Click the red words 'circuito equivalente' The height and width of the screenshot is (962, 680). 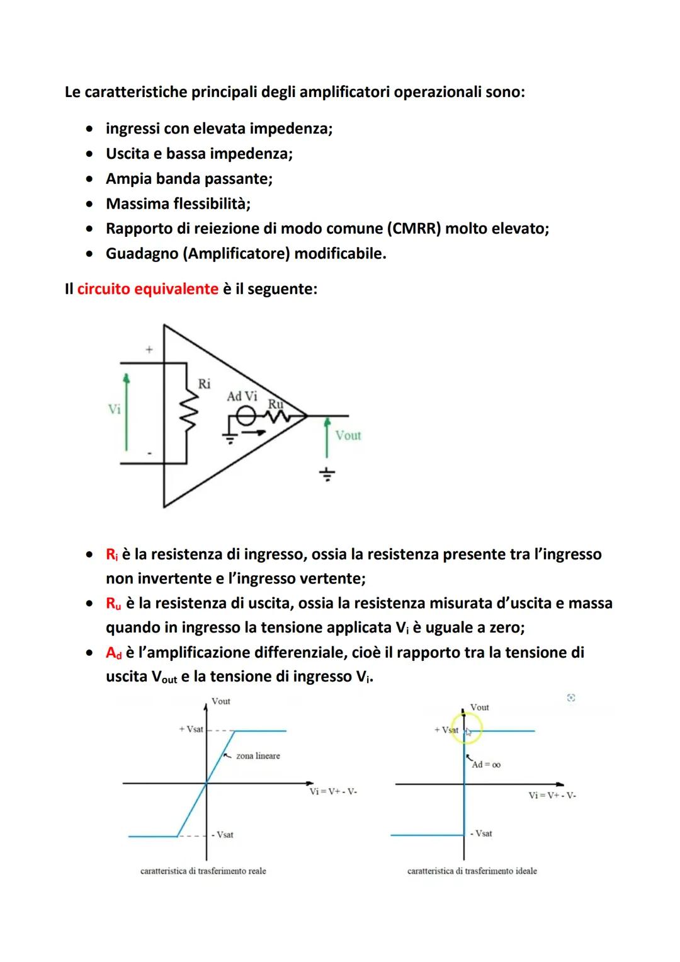pos(147,289)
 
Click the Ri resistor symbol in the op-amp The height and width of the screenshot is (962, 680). pos(187,413)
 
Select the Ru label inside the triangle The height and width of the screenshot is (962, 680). pos(275,403)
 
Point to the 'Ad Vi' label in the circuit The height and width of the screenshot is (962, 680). pos(242,396)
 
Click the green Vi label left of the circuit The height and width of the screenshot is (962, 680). pos(114,409)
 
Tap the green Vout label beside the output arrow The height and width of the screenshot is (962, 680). pos(348,435)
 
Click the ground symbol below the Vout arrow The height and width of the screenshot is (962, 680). pos(326,474)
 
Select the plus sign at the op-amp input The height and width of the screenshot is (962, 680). pos(149,349)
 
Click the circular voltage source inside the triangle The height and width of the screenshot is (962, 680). pos(246,416)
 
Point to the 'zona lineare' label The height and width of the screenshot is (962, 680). pos(258,756)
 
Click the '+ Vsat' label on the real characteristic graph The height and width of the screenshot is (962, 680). pos(191,729)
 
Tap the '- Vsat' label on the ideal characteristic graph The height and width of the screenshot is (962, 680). pos(481,833)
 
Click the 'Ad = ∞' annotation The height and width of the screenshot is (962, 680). pos(486,764)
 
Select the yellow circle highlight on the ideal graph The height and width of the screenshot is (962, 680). pos(466,731)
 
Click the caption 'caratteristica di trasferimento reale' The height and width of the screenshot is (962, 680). pos(203,871)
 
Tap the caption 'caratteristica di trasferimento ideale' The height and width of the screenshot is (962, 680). pos(472,871)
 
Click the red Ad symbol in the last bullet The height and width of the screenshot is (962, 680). pos(113,653)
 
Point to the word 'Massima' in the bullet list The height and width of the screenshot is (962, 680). pos(134,203)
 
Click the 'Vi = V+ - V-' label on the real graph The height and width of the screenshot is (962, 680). pos(333,792)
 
